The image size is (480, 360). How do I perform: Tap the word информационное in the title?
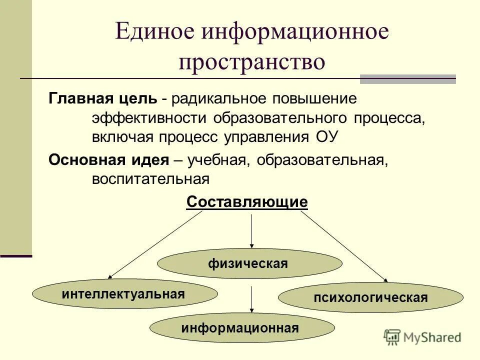tap(294, 32)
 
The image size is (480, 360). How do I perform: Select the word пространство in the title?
tap(252, 63)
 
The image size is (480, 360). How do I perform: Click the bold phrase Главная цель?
tap(102, 98)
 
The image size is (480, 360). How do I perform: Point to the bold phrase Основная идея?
tap(108, 160)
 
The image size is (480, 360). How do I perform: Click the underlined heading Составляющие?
tap(247, 202)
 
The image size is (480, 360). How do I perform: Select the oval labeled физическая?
tap(249, 263)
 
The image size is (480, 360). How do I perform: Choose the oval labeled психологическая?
tap(370, 298)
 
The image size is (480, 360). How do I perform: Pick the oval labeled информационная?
tap(242, 328)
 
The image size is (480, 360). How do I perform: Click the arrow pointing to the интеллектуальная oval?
tap(155, 244)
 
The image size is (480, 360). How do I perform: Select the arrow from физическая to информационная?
tap(251, 299)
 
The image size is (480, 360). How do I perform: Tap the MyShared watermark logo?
tap(422, 337)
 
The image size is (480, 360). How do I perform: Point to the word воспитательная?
tap(149, 178)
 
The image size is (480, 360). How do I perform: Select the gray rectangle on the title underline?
tap(408, 79)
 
